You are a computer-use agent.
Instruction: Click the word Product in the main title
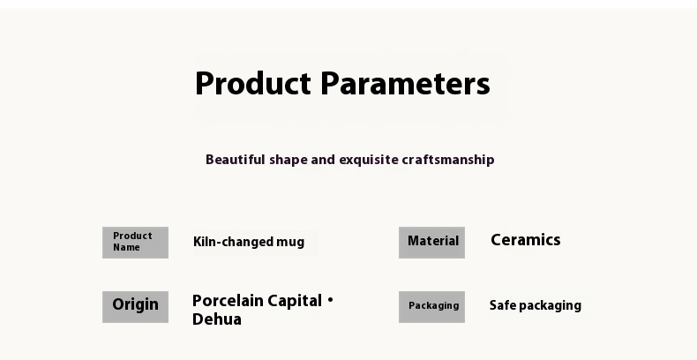pyautogui.click(x=253, y=83)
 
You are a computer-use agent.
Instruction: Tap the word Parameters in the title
pyautogui.click(x=405, y=83)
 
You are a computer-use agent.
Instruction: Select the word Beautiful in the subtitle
pyautogui.click(x=236, y=160)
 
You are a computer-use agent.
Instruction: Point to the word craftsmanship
pyautogui.click(x=448, y=160)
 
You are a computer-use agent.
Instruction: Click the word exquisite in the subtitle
pyautogui.click(x=369, y=160)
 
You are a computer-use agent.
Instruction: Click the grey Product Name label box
pyautogui.click(x=135, y=243)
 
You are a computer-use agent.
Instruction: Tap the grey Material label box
pyautogui.click(x=431, y=243)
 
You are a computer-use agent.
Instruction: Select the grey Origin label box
pyautogui.click(x=135, y=307)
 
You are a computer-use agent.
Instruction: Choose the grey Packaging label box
pyautogui.click(x=431, y=307)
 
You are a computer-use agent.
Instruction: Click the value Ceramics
pyautogui.click(x=526, y=240)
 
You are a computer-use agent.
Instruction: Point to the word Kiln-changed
pyautogui.click(x=234, y=243)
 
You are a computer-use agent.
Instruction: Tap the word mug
pyautogui.click(x=290, y=244)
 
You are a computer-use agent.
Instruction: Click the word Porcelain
pyautogui.click(x=228, y=301)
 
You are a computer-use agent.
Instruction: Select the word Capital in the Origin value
pyautogui.click(x=295, y=302)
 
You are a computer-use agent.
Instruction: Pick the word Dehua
pyautogui.click(x=217, y=319)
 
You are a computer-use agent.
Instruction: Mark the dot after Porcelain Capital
pyautogui.click(x=330, y=301)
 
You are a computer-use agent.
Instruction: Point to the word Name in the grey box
pyautogui.click(x=126, y=248)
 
